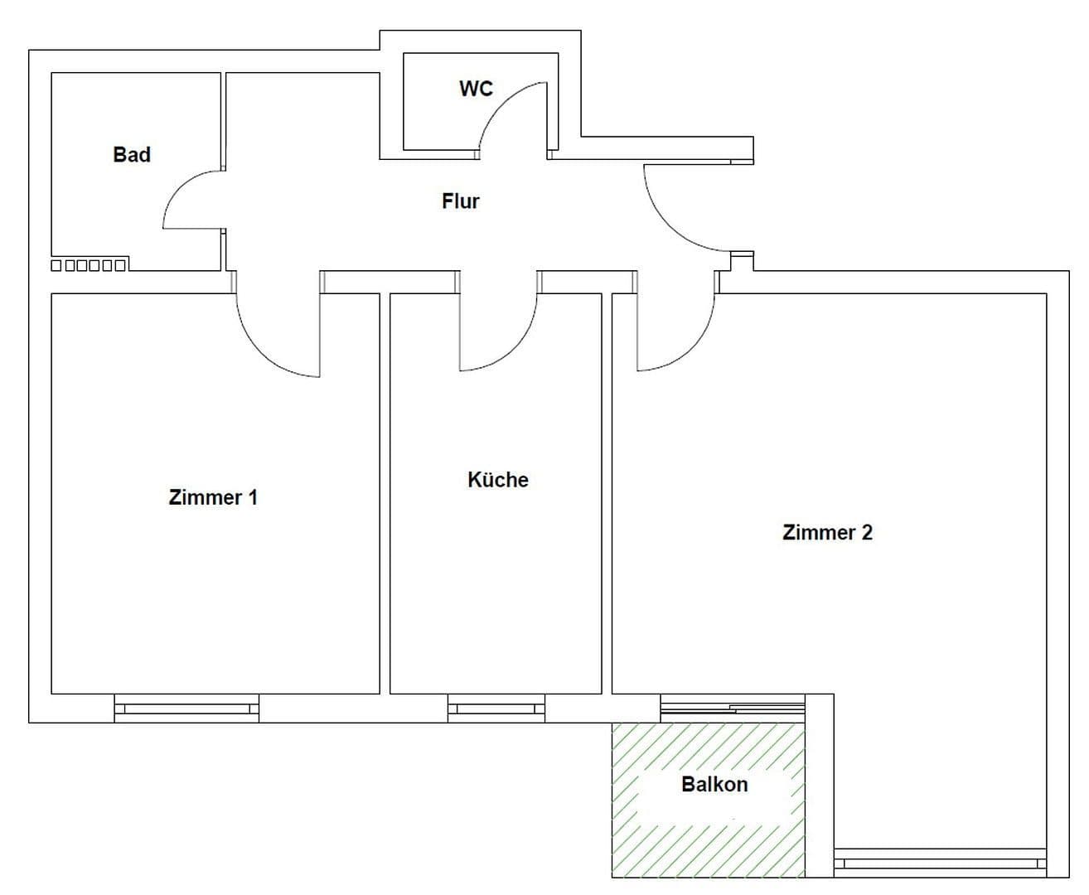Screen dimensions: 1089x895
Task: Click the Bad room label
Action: coord(132,154)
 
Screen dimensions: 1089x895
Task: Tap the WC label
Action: coord(476,89)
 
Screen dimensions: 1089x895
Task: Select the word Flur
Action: coord(460,201)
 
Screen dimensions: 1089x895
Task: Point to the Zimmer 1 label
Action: coord(213,497)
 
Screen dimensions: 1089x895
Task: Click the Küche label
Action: coord(498,479)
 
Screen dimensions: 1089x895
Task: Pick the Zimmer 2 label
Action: coord(827,533)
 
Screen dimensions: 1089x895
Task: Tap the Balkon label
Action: coord(714,784)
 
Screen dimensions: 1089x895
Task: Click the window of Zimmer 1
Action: coord(186,709)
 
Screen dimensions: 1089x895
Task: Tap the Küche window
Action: coord(496,709)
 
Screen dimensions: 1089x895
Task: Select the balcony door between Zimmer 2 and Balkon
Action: coord(733,708)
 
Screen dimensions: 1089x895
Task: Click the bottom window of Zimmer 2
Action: coord(940,863)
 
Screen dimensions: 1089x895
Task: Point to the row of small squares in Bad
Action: coord(89,265)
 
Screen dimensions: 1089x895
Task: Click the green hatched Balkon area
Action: coord(709,800)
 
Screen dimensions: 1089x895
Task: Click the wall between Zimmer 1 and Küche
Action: coord(385,494)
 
